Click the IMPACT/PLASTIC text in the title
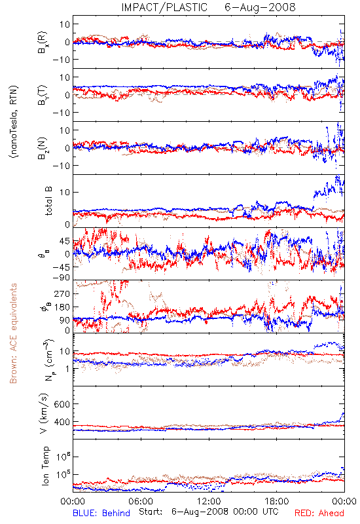click(164, 7)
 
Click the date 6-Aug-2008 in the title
click(260, 7)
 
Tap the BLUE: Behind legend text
click(101, 513)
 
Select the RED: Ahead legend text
click(319, 513)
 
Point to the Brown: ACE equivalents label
click(13, 333)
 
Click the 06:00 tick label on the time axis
click(141, 501)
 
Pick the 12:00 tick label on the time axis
click(209, 501)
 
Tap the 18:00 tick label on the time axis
click(277, 501)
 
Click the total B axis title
click(48, 201)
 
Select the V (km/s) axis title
click(44, 413)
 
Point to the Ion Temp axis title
click(45, 466)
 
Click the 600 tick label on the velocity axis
click(62, 404)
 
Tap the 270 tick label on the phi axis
click(62, 293)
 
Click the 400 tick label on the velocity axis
click(62, 422)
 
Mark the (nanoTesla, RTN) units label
click(14, 122)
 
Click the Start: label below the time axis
click(151, 512)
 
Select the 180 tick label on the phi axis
click(62, 307)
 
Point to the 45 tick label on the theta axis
click(64, 241)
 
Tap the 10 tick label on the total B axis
click(64, 193)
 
